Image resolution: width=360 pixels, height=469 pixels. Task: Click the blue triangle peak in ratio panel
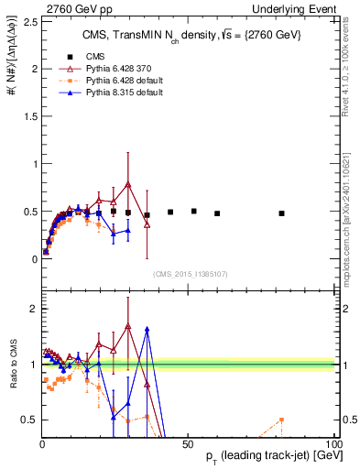(x=147, y=328)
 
